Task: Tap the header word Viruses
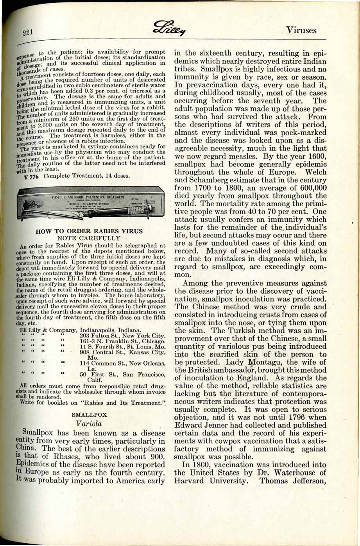(301, 30)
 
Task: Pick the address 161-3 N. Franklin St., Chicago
(123, 341)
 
